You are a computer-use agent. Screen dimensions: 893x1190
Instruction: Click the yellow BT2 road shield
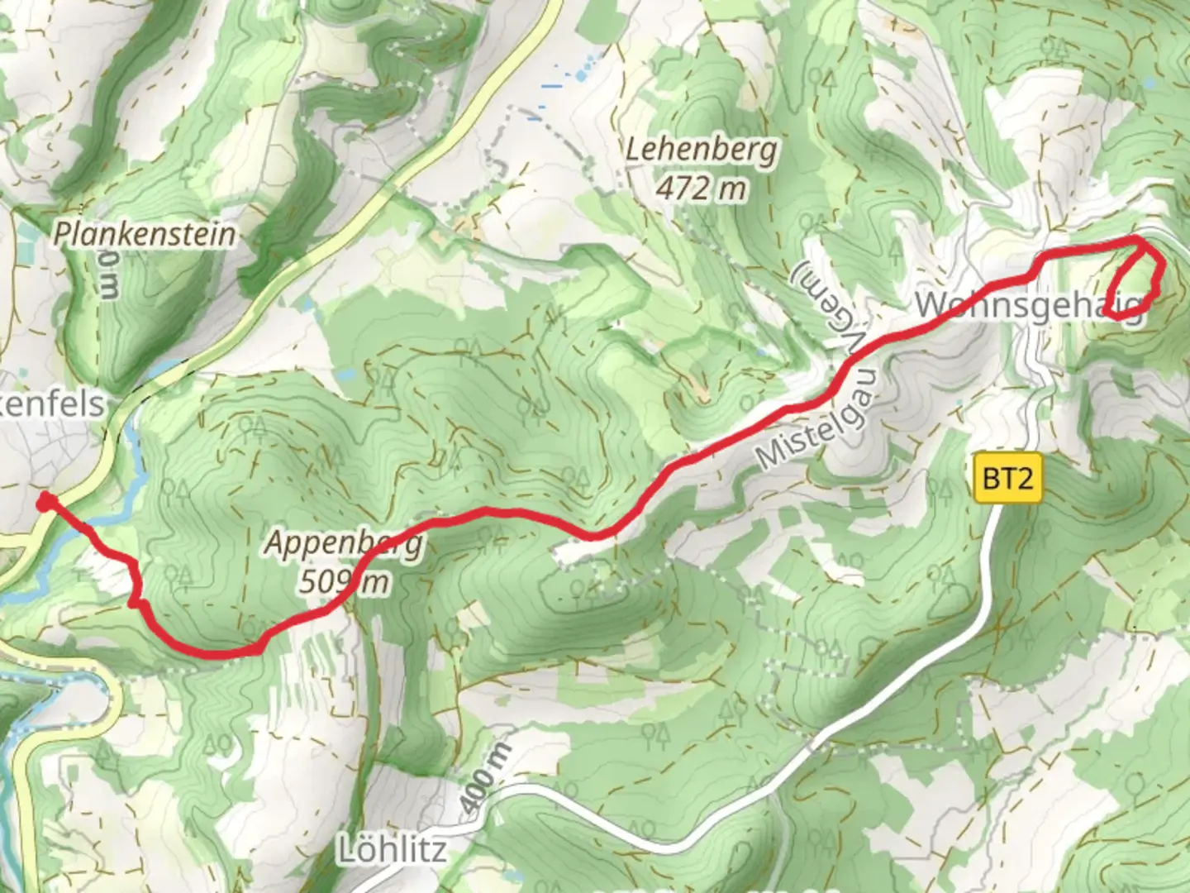tap(1007, 478)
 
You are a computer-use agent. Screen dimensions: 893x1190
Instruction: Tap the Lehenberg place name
tap(701, 150)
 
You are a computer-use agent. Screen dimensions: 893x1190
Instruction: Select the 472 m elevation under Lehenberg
tap(701, 189)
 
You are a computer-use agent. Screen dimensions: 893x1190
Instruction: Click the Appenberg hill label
tap(344, 544)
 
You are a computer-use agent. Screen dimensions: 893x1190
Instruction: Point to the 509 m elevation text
tap(343, 582)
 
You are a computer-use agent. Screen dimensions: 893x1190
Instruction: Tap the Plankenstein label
tap(145, 234)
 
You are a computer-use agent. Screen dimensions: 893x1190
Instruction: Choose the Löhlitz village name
tap(393, 850)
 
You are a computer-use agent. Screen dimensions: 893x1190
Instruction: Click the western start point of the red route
tap(44, 501)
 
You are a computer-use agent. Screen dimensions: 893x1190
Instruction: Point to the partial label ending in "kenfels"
tap(53, 404)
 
